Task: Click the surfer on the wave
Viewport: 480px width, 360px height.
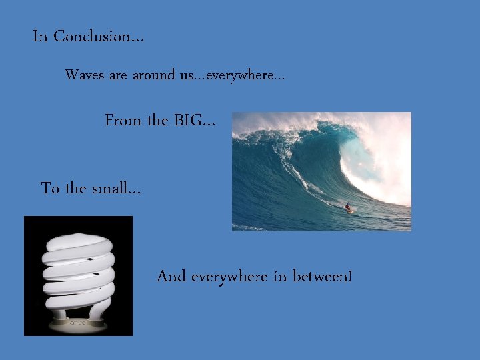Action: pyautogui.click(x=347, y=207)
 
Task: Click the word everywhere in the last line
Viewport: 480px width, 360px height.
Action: pyautogui.click(x=229, y=275)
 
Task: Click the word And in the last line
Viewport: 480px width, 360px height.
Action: pyautogui.click(x=171, y=275)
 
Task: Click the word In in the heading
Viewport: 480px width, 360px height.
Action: pyautogui.click(x=40, y=37)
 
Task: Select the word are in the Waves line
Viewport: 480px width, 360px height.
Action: pyautogui.click(x=117, y=75)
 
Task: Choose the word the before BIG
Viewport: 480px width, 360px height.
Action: pyautogui.click(x=157, y=121)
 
